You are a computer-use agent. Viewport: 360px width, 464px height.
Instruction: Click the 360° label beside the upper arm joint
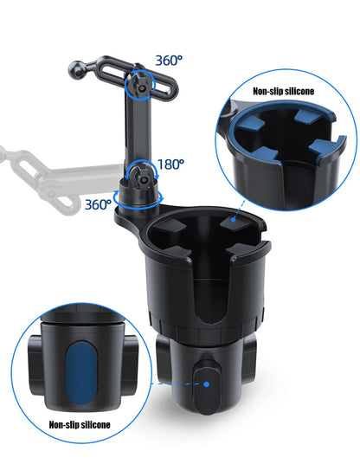tap(169, 61)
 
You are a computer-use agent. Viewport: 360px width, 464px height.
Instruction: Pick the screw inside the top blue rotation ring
tap(139, 87)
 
